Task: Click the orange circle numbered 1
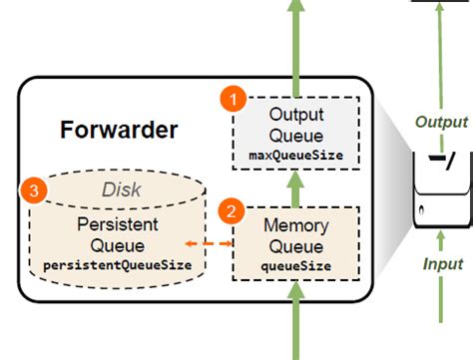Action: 232,100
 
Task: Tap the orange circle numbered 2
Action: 232,211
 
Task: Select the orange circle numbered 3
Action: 34,189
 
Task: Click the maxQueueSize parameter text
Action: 295,156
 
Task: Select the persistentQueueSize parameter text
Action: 119,265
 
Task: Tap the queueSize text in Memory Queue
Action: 295,265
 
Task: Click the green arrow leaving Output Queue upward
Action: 295,40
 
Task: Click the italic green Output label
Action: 441,122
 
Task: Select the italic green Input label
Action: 441,264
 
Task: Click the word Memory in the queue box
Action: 295,226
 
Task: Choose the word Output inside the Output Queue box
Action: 295,116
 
